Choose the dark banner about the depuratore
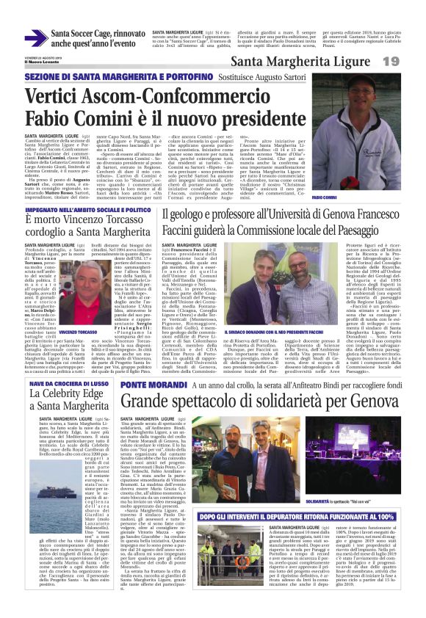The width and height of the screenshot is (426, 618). tap(317, 517)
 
